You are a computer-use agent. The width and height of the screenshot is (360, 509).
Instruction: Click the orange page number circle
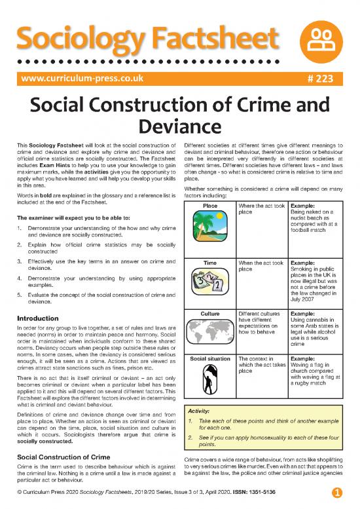click(x=336, y=492)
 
